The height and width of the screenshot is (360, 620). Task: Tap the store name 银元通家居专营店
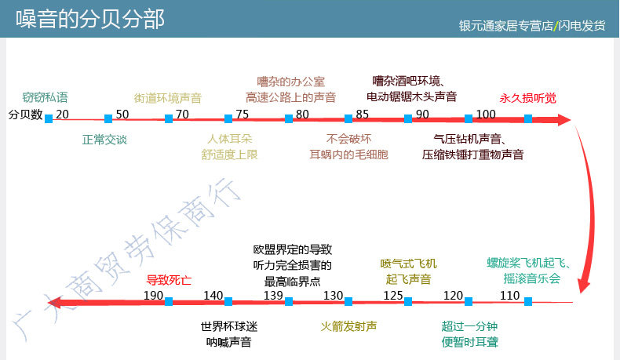click(505, 26)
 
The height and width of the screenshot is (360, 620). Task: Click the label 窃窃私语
click(46, 98)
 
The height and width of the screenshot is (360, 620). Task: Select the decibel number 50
click(122, 115)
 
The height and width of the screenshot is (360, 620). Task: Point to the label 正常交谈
click(104, 140)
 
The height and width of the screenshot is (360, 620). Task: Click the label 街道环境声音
click(168, 99)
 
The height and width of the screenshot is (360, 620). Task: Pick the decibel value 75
click(242, 115)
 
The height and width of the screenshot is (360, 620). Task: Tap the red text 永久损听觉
click(527, 99)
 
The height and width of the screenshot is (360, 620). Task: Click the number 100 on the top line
click(486, 115)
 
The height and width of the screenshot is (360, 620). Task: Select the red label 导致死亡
click(169, 279)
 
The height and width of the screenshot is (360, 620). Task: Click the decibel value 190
click(153, 295)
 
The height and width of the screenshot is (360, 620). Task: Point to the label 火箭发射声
click(349, 325)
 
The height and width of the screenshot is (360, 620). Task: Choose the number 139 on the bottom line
click(273, 295)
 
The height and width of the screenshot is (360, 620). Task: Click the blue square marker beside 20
click(49, 118)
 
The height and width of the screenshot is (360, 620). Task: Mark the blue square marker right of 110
click(527, 300)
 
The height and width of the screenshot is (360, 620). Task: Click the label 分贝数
click(24, 115)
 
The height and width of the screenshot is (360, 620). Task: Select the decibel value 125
click(392, 295)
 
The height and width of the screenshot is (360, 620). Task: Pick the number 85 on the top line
click(362, 115)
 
